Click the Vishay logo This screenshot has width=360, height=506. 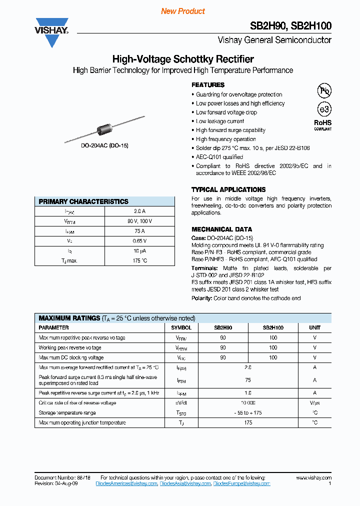pyautogui.click(x=51, y=32)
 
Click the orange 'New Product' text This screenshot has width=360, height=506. pyautogui.click(x=183, y=11)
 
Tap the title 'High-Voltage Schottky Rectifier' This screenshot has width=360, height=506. pyautogui.click(x=183, y=59)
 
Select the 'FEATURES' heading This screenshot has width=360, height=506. pyautogui.click(x=208, y=85)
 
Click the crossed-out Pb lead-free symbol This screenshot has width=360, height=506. pyautogui.click(x=324, y=90)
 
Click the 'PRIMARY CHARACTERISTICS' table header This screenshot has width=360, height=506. pyautogui.click(x=83, y=201)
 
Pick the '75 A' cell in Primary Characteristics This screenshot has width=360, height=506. pyautogui.click(x=139, y=231)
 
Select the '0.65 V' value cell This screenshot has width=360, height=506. pyautogui.click(x=139, y=241)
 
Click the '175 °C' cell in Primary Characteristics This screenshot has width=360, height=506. pyautogui.click(x=139, y=260)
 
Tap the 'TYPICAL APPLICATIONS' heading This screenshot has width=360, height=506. pyautogui.click(x=228, y=190)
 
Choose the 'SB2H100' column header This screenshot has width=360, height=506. pyautogui.click(x=273, y=327)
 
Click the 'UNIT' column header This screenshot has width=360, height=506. pyautogui.click(x=314, y=327)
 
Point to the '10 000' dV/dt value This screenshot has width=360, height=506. pyautogui.click(x=248, y=403)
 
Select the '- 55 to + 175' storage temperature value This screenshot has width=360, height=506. pyautogui.click(x=248, y=413)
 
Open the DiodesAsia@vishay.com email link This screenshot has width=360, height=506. pyautogui.click(x=185, y=484)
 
